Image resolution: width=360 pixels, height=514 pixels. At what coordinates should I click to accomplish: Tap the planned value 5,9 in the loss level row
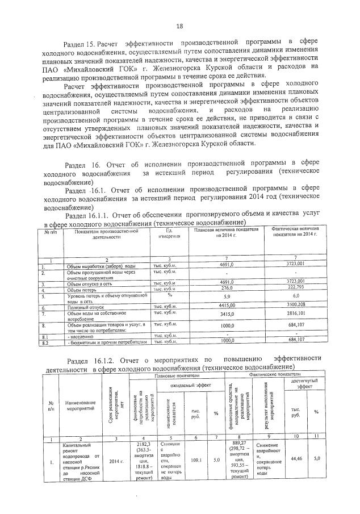[x=227, y=296]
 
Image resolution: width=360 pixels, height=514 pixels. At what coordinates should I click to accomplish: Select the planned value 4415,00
[x=227, y=306]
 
